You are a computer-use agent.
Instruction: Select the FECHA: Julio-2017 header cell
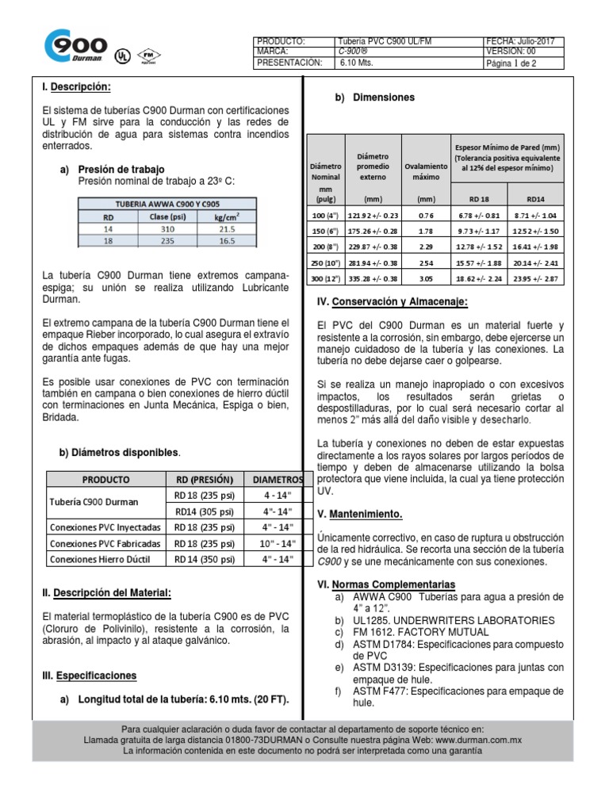[524, 40]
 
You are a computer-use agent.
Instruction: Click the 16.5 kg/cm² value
[227, 239]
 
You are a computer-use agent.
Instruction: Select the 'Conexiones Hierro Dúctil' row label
[100, 560]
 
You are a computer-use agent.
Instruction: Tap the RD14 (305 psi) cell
[200, 511]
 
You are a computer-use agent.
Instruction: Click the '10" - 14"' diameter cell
[278, 543]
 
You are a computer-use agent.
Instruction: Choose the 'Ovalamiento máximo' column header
[426, 172]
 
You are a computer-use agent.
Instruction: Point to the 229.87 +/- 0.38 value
[373, 247]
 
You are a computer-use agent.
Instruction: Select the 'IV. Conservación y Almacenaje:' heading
[392, 302]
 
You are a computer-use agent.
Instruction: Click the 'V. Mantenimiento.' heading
[359, 514]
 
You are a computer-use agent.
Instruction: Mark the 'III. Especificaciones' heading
[88, 676]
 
